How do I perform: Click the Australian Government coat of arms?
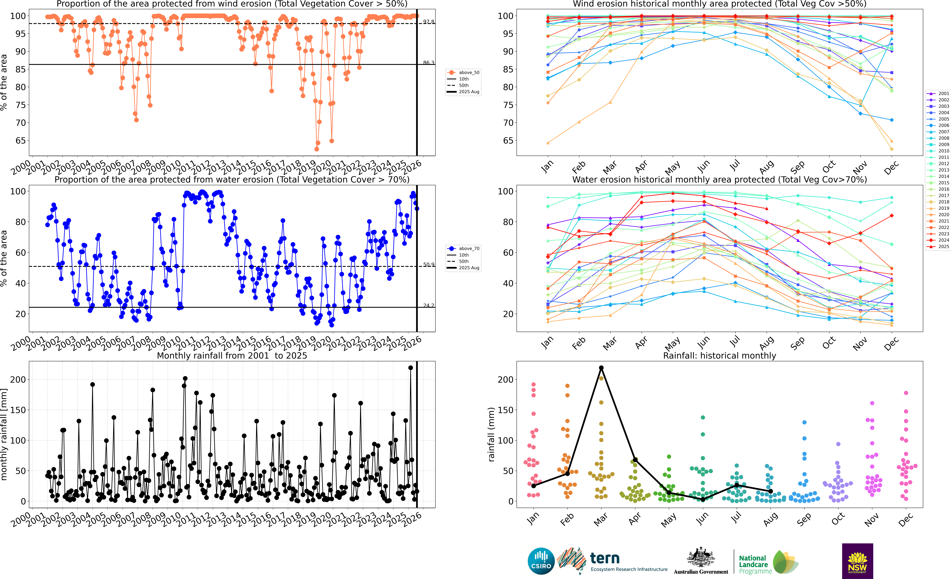click(x=700, y=558)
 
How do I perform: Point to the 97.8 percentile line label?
click(x=428, y=22)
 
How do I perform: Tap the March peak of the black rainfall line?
click(x=601, y=368)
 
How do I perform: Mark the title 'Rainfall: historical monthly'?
click(x=719, y=356)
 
